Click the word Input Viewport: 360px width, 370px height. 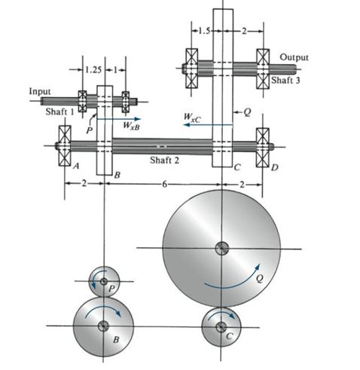coord(39,91)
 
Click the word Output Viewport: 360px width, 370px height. coord(294,57)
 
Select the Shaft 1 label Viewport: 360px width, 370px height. coord(56,111)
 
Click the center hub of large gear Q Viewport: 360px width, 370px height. coord(221,247)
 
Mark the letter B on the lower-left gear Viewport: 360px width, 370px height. coord(116,340)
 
